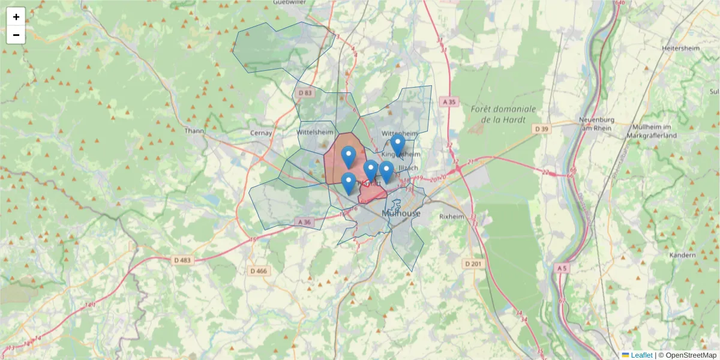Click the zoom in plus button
click(16, 17)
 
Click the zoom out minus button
click(16, 35)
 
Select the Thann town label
click(194, 131)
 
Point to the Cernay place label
click(261, 133)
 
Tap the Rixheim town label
click(452, 216)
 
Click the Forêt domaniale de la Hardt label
click(503, 114)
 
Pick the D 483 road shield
click(181, 260)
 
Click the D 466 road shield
click(258, 271)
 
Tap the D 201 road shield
click(473, 263)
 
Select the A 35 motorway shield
click(448, 102)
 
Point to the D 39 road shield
click(541, 129)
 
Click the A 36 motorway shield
click(305, 222)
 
